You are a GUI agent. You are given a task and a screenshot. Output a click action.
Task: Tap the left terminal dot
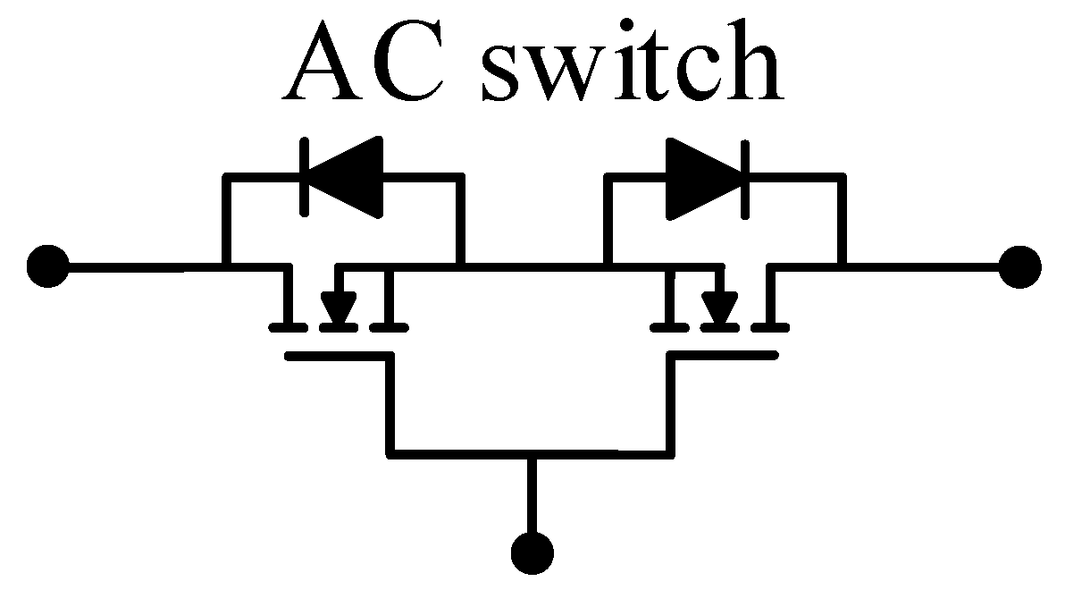tap(47, 266)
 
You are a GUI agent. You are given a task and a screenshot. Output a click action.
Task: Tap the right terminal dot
tap(1019, 266)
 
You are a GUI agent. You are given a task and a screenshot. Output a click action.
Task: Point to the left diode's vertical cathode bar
tap(305, 177)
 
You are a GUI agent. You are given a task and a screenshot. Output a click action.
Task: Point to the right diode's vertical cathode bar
tap(745, 177)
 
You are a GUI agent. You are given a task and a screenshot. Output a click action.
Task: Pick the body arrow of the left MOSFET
tap(337, 308)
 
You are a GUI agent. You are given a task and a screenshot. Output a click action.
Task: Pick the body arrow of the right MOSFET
tap(719, 308)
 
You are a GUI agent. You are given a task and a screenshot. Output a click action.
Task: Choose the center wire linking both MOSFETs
tap(532, 266)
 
